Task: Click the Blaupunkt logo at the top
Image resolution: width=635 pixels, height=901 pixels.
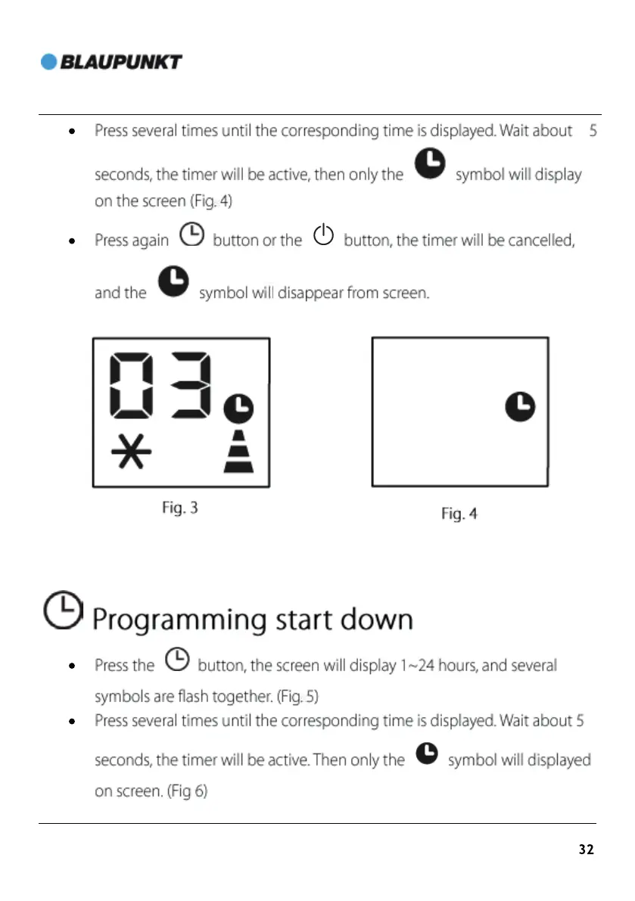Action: click(112, 62)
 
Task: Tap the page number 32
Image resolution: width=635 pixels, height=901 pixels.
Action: click(586, 850)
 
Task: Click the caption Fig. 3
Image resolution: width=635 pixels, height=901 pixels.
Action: click(180, 508)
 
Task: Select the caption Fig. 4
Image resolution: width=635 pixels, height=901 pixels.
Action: click(459, 514)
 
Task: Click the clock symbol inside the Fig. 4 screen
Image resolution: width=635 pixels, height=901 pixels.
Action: click(521, 406)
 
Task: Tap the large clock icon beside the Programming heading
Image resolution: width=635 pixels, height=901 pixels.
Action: click(63, 611)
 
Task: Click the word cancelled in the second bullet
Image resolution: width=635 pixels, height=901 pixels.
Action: click(543, 241)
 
